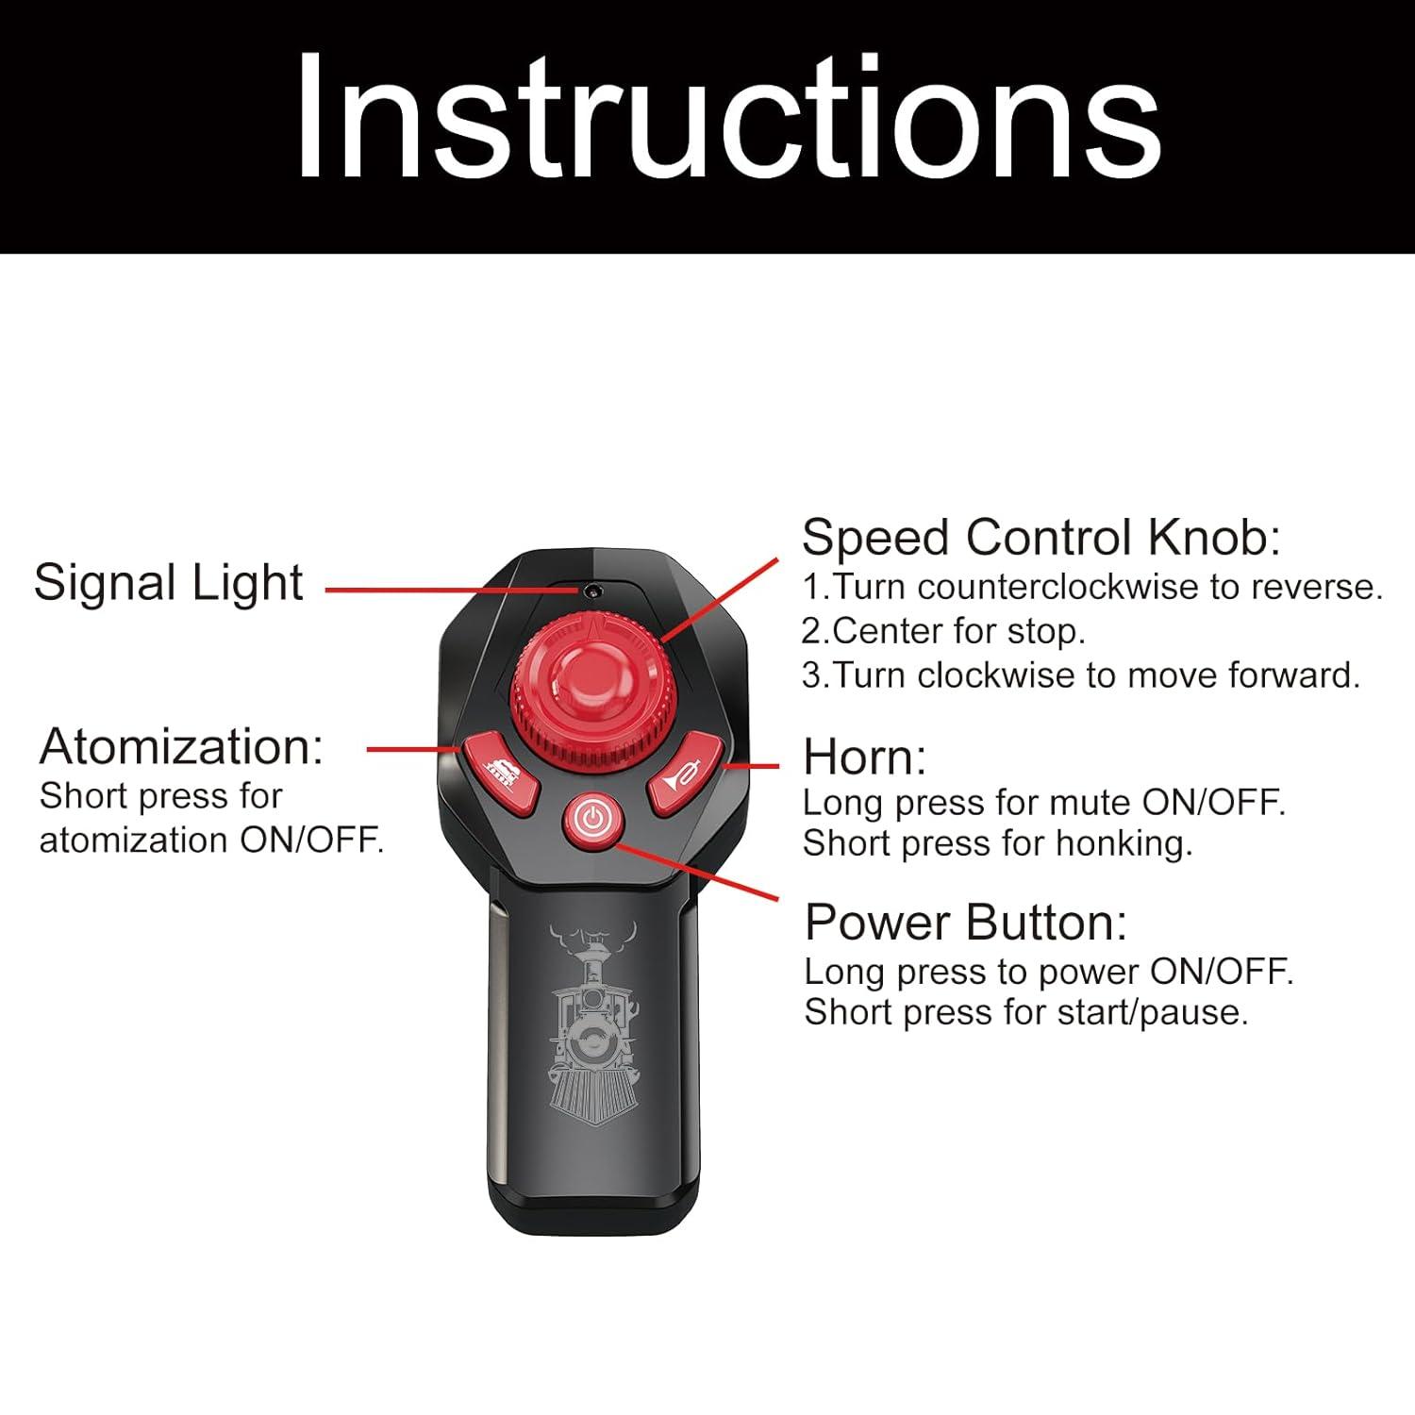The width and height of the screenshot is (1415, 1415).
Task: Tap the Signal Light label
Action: tap(169, 582)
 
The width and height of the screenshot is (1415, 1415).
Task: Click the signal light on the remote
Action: tap(592, 591)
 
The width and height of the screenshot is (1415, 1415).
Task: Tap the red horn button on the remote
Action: tap(686, 772)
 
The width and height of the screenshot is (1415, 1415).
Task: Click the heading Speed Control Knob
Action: tap(1041, 538)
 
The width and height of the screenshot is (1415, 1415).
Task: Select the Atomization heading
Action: tap(181, 746)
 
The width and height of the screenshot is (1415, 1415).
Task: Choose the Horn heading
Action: tap(865, 757)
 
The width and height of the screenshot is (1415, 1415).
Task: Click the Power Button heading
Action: tap(966, 922)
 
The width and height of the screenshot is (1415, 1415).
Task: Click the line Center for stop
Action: tap(943, 631)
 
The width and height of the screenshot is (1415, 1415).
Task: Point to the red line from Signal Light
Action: tap(454, 591)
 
